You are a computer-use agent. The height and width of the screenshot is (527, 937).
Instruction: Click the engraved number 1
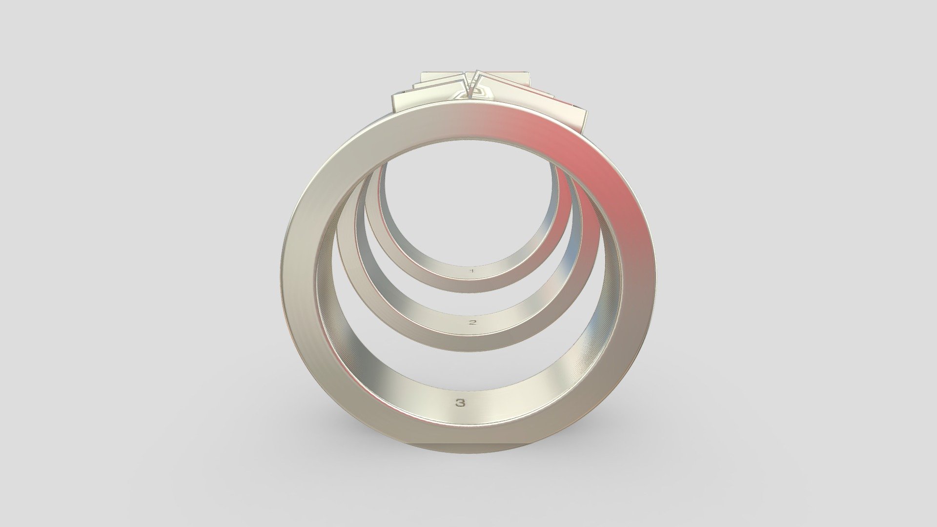tap(471, 270)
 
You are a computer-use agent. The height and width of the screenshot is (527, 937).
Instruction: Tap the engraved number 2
tap(472, 323)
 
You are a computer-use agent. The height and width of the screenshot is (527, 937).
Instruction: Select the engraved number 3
tap(460, 403)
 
